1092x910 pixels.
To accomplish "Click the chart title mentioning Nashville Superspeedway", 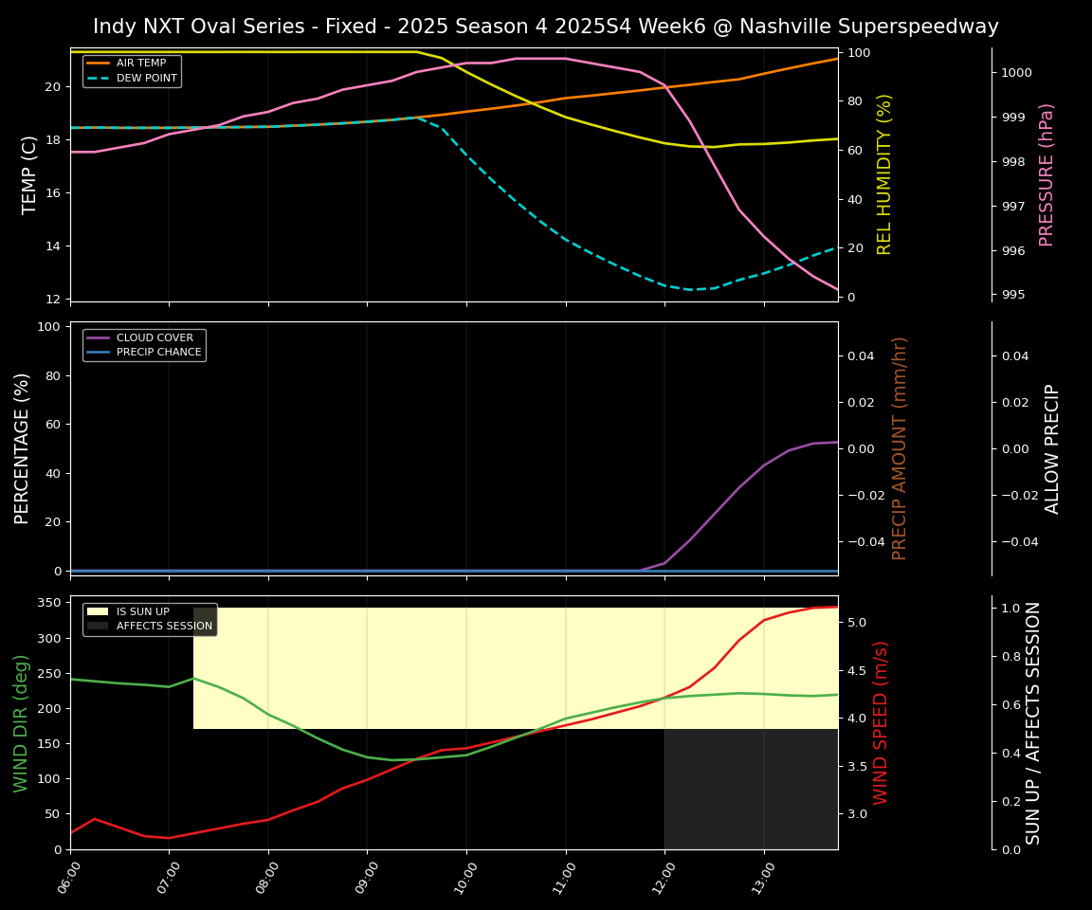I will tap(546, 27).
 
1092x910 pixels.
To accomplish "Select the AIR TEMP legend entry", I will tap(140, 64).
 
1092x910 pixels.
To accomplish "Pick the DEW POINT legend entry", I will tap(146, 79).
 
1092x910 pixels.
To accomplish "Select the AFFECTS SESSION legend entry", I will tap(164, 627).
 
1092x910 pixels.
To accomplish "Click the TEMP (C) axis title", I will tap(30, 174).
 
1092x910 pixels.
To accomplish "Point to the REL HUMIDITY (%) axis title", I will tap(885, 174).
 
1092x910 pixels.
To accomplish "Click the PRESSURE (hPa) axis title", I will tap(1046, 174).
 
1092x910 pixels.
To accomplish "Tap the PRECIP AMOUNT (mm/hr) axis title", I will tap(901, 448).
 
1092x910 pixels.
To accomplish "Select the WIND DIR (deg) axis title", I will tap(21, 722).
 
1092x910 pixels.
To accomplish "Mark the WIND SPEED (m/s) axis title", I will tap(882, 722).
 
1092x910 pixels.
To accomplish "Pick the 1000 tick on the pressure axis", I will tap(1017, 73).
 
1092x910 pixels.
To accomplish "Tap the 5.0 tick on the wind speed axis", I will tap(857, 623).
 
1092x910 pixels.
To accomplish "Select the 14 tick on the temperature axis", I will tap(51, 246).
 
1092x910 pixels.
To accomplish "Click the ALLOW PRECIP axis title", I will tap(1052, 448).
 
